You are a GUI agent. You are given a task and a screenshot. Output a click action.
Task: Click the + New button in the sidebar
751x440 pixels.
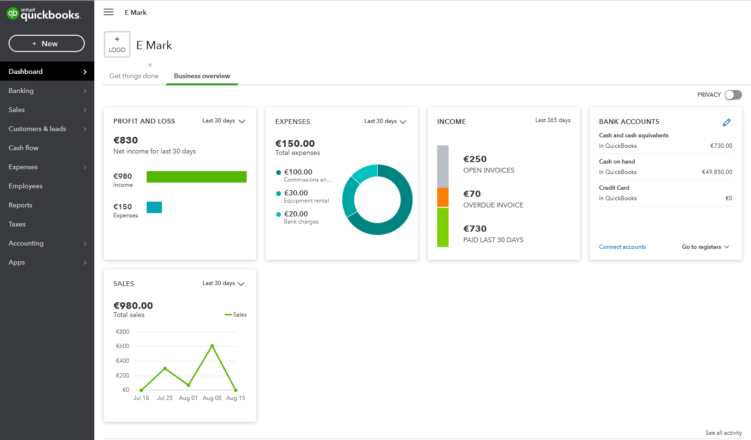pos(47,43)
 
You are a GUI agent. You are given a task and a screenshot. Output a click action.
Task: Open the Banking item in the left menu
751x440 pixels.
pos(21,91)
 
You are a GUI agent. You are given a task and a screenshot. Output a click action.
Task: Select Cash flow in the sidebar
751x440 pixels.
pos(24,148)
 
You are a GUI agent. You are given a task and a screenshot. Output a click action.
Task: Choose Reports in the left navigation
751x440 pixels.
pos(20,205)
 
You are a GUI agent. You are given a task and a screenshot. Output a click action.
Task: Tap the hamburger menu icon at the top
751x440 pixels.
pos(109,12)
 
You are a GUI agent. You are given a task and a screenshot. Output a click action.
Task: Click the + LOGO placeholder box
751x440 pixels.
pos(117,45)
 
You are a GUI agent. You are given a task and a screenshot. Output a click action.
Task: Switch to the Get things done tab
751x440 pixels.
pos(134,76)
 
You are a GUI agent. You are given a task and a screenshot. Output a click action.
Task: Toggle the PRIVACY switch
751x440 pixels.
pos(733,95)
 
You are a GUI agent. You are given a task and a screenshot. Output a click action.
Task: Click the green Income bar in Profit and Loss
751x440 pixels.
pos(196,177)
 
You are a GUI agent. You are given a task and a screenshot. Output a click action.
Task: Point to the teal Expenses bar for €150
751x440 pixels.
pos(154,207)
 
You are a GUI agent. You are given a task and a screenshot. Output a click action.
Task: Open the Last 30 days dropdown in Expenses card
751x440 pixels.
pos(385,122)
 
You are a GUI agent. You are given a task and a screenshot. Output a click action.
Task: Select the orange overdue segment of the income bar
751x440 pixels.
pos(443,197)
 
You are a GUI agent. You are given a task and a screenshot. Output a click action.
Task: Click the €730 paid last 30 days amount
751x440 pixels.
pos(475,229)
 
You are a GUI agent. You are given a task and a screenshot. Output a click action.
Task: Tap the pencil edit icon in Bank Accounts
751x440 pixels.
pos(726,123)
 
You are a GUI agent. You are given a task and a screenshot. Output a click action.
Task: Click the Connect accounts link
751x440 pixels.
pos(622,247)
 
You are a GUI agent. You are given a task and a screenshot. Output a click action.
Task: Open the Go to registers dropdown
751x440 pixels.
pos(705,247)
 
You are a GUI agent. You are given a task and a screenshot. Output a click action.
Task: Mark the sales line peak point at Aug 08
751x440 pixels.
pos(212,346)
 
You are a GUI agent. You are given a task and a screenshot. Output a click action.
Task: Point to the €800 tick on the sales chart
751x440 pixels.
pos(123,332)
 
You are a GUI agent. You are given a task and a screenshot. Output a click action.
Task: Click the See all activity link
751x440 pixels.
pos(723,433)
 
